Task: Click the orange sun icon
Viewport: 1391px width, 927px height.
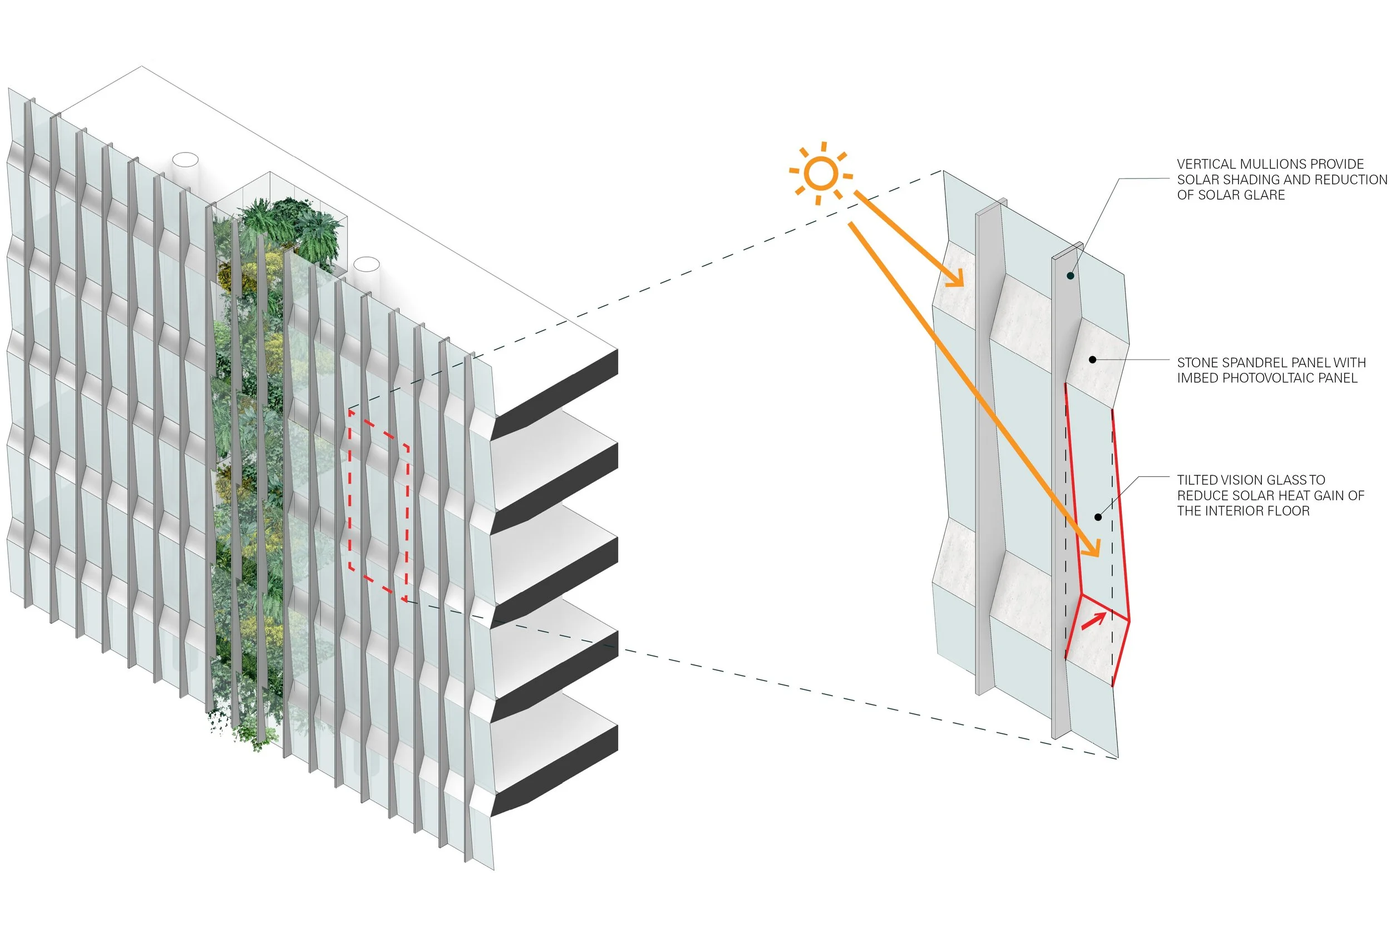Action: point(821,174)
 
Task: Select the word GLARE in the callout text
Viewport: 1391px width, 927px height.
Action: point(1265,195)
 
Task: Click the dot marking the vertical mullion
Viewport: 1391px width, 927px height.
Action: point(1070,275)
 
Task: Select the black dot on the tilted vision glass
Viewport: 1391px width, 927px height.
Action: point(1098,517)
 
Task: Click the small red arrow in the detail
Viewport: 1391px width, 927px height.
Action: point(1094,621)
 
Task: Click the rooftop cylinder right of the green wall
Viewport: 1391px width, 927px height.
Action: point(367,265)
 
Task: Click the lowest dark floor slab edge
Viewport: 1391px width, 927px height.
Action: point(556,768)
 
